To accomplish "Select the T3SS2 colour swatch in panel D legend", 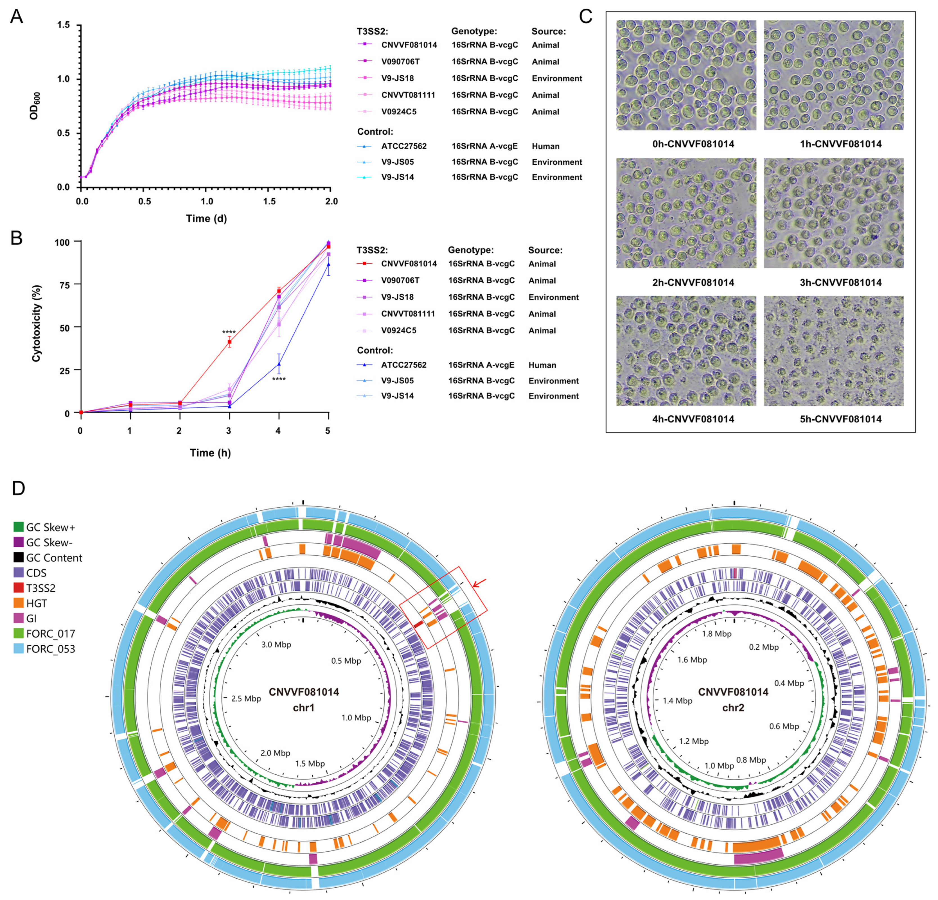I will tap(19, 588).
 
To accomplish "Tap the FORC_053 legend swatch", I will tap(19, 649).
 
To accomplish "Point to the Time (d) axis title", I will tap(206, 219).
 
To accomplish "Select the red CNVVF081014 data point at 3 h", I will tap(229, 342).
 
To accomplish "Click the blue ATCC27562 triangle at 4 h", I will tap(279, 365).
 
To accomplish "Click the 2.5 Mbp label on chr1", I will tap(246, 698).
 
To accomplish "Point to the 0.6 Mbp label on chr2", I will tap(784, 726).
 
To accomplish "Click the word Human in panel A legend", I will tap(545, 146).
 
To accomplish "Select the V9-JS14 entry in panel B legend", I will tap(397, 396).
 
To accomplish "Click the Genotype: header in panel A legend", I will tap(474, 31).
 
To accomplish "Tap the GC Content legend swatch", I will tap(19, 557).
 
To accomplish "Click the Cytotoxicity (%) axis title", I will tap(36, 324).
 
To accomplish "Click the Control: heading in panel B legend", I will tap(375, 350).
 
